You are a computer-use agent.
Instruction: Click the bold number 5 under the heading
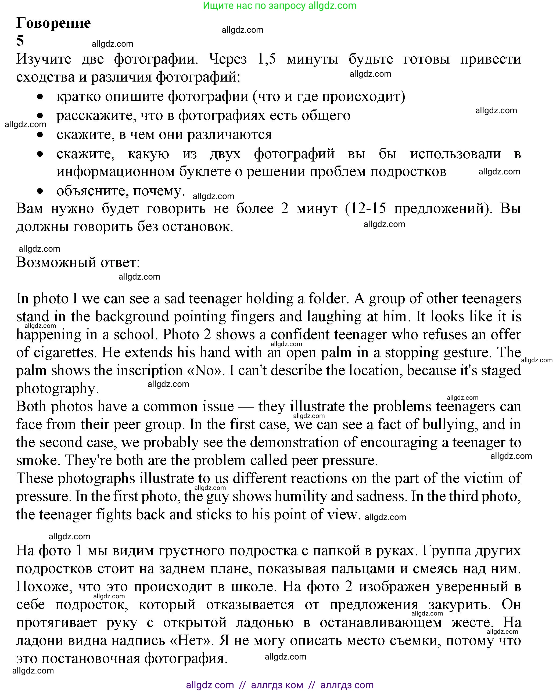[x=20, y=41]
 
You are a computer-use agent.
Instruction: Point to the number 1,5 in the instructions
[x=267, y=59]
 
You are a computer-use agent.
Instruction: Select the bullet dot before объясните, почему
[x=40, y=191]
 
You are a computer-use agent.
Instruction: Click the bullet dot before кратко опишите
[x=40, y=96]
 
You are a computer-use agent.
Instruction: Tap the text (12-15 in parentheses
[x=365, y=208]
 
